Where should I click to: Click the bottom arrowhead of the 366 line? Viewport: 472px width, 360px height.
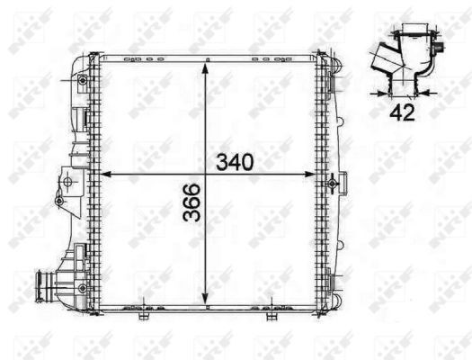pos(208,304)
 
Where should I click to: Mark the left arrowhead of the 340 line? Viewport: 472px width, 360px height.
pos(101,173)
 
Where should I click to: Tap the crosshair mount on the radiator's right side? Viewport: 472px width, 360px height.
pos(334,184)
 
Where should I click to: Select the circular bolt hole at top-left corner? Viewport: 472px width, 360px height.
pos(83,81)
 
